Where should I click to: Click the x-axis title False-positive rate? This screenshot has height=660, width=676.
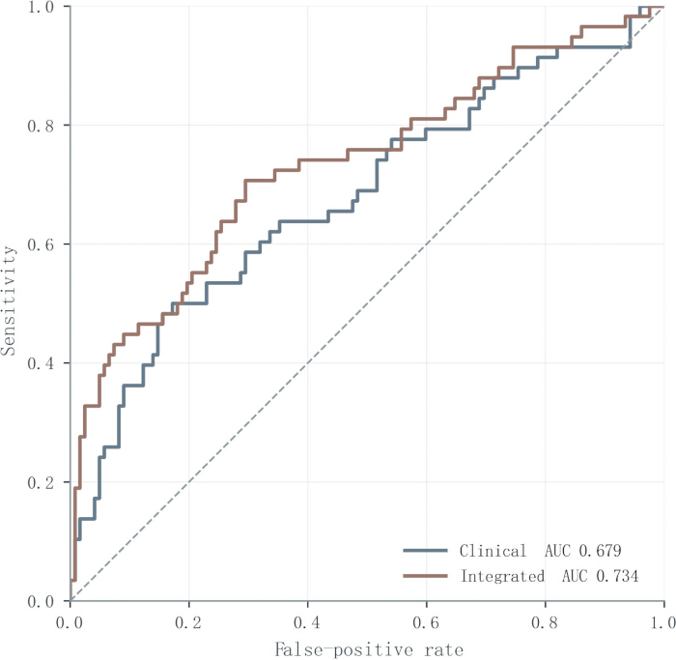369,649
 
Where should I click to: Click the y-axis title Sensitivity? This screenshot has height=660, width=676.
8,301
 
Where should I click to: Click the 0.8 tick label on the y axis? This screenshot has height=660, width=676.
41,126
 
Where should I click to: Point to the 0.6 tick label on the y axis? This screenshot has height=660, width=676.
41,244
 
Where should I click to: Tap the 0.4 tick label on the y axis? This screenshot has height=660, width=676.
41,363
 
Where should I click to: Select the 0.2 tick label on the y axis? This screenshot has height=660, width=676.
41,482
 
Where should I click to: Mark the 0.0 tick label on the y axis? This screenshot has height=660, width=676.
41,601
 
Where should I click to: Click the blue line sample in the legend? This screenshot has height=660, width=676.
425,551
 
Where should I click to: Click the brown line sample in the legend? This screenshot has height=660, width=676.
425,576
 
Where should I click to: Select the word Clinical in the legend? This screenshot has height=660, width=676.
493,551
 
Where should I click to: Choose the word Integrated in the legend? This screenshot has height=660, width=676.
502,576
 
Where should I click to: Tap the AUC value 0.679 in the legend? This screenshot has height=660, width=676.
600,551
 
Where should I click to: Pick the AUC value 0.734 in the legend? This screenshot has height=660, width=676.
617,576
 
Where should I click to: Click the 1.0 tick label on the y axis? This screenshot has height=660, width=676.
41,8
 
